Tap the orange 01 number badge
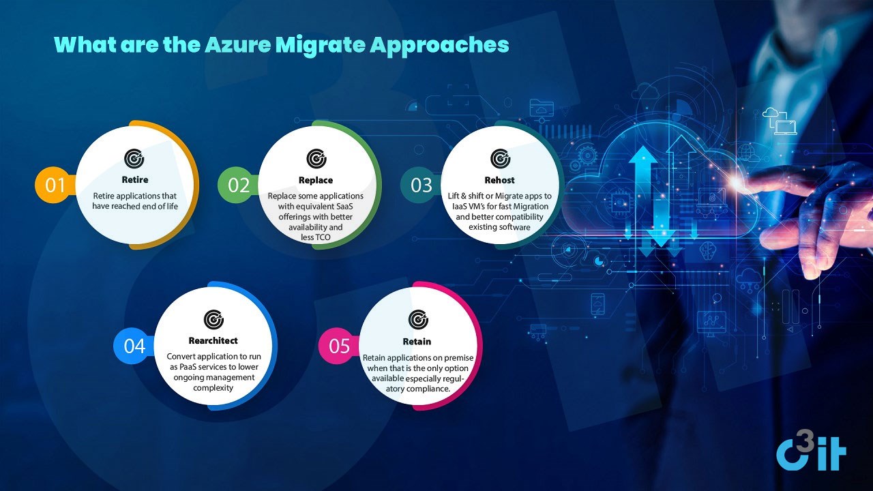[55, 185]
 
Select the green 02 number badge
[238, 185]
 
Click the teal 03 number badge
[421, 185]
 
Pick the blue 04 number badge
[134, 346]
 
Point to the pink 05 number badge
[339, 346]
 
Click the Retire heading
[135, 179]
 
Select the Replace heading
[316, 180]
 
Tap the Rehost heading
[500, 180]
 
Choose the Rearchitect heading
[213, 340]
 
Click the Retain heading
[417, 342]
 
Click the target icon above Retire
[134, 159]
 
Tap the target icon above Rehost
[501, 159]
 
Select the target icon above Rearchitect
[213, 320]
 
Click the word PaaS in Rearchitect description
[188, 367]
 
